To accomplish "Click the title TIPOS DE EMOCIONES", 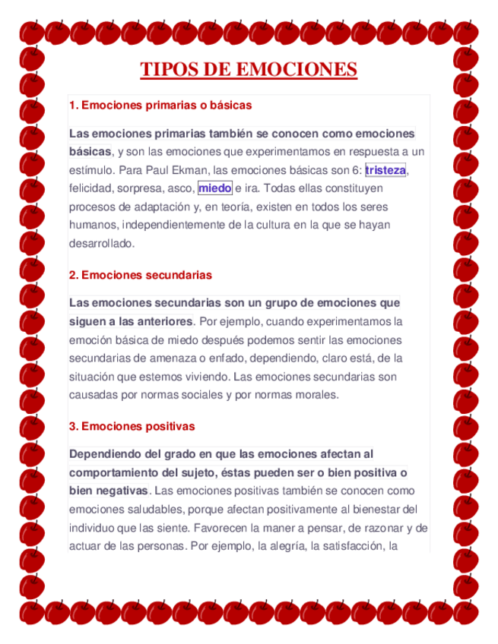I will pos(249,70).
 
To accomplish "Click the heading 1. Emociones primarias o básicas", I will pos(160,104).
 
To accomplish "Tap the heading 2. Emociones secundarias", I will pos(140,274).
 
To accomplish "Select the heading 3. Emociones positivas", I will pos(132,426).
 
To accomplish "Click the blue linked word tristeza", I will pos(385,170).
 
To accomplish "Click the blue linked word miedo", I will pos(214,188).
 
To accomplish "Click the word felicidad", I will pos(90,188).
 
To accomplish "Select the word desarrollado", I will pos(101,244).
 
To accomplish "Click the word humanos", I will pos(92,226).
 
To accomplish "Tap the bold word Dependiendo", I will pos(105,454).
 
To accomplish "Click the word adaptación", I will pos(160,207).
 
